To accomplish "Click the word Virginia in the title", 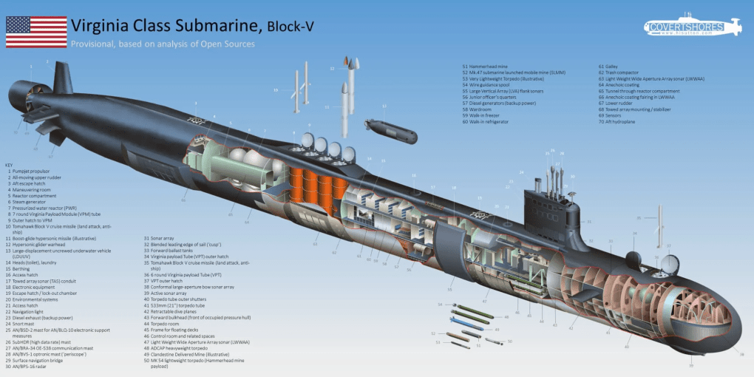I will point(101,27).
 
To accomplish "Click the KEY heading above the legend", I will point(9,164).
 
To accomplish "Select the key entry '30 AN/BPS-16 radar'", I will point(35,367).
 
